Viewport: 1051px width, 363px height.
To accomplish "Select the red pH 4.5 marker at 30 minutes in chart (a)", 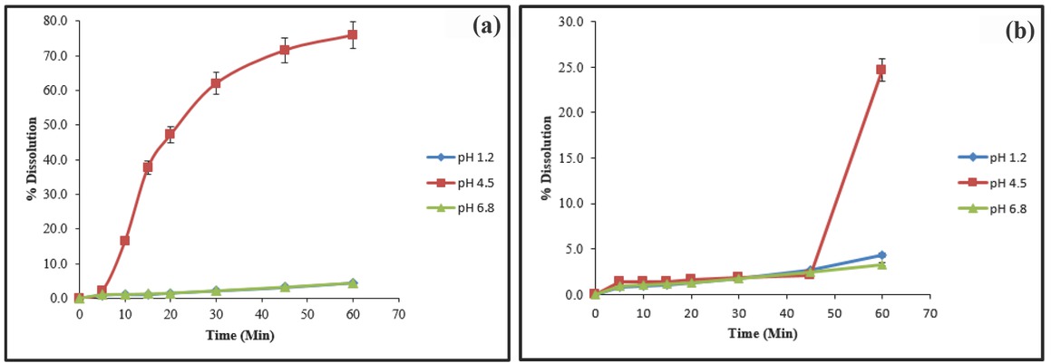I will (216, 83).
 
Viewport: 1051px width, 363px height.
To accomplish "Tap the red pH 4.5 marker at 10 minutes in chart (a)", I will (125, 241).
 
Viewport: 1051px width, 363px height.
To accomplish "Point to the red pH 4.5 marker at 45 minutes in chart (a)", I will (284, 50).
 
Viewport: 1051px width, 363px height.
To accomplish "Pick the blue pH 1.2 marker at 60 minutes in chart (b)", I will (881, 255).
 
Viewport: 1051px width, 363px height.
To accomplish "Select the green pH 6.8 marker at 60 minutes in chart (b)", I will (881, 264).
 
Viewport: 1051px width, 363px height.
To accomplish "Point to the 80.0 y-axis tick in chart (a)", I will (56, 22).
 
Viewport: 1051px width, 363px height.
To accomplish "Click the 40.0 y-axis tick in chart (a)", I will (56, 160).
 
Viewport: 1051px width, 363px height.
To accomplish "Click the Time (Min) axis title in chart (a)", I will (238, 335).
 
